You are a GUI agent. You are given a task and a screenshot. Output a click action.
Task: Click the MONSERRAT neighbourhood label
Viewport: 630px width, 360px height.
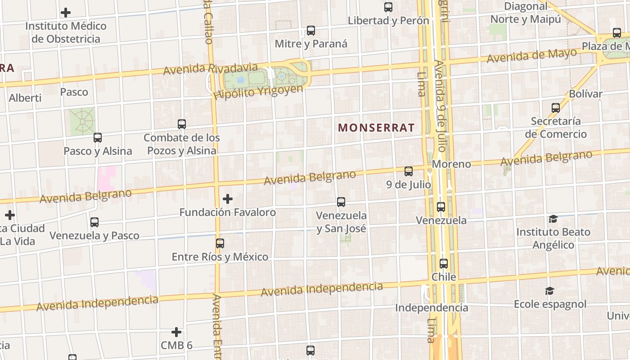(x=376, y=128)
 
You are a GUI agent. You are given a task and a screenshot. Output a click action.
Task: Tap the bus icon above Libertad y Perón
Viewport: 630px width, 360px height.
(x=388, y=7)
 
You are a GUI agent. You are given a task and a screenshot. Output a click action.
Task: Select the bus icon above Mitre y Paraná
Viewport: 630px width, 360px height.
(x=311, y=31)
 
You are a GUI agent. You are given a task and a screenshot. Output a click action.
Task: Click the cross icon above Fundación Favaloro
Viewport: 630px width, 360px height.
(x=228, y=198)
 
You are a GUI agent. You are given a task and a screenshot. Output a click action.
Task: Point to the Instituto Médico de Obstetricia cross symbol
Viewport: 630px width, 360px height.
(x=66, y=13)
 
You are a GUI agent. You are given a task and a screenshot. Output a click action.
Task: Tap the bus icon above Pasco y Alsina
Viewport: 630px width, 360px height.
(x=98, y=138)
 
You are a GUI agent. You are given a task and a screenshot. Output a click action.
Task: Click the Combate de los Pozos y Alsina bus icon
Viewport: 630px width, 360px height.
(x=182, y=124)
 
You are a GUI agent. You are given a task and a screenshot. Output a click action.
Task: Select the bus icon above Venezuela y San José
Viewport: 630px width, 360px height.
(x=341, y=202)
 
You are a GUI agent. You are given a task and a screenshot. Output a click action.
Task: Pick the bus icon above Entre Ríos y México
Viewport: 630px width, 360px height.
(x=220, y=243)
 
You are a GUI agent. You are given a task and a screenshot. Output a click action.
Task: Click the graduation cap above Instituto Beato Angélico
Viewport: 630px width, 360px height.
(x=553, y=219)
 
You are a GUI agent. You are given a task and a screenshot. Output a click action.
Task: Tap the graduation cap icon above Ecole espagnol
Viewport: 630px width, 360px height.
(x=549, y=291)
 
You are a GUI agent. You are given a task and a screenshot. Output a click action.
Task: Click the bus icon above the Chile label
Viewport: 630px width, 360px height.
(x=444, y=264)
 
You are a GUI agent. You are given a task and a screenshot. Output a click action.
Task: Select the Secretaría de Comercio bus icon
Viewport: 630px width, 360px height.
(x=556, y=108)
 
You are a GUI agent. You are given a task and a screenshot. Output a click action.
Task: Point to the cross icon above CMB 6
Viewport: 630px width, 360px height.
(x=176, y=332)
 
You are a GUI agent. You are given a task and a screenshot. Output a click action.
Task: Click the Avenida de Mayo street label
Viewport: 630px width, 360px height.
(x=531, y=56)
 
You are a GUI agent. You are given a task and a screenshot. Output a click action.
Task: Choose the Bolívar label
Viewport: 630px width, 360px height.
(x=585, y=94)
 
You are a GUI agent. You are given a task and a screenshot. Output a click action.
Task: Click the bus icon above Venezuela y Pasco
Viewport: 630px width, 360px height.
(x=94, y=222)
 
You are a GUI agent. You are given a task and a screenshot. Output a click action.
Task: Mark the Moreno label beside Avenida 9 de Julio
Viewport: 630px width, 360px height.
(x=451, y=164)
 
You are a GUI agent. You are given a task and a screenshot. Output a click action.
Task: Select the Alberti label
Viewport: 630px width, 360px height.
(x=25, y=98)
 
